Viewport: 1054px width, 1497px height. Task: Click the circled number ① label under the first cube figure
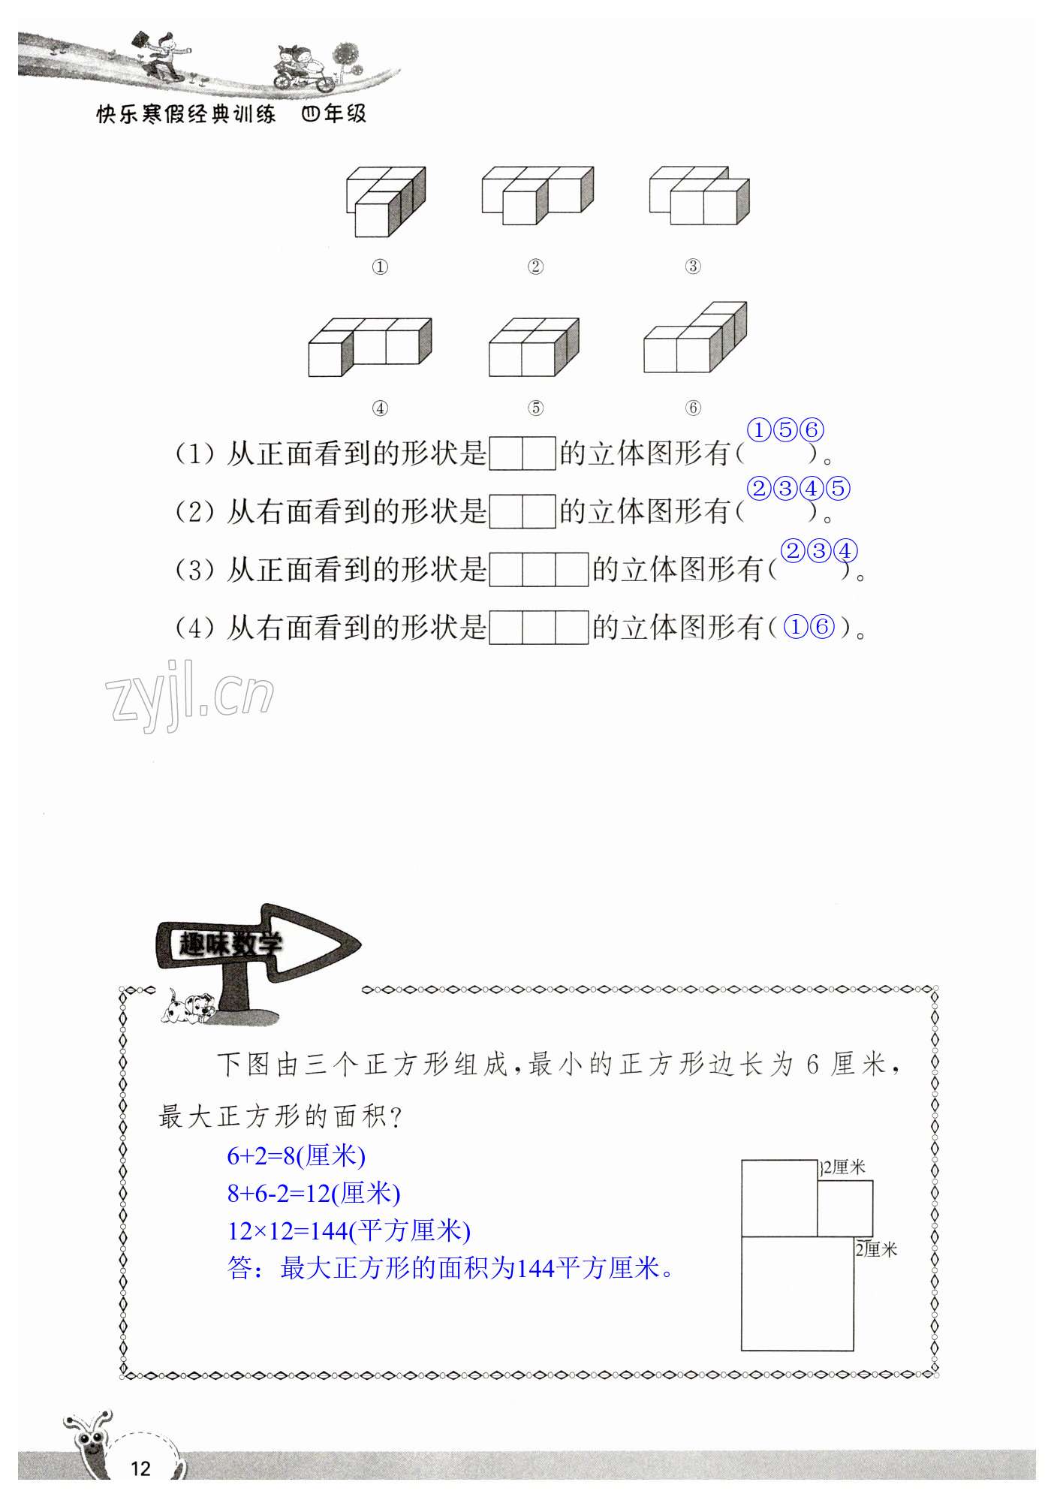(x=380, y=267)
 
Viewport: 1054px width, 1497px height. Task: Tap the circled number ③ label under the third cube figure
(x=693, y=266)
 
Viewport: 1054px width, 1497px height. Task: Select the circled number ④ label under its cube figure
(x=380, y=408)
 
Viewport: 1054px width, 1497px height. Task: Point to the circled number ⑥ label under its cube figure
(x=693, y=408)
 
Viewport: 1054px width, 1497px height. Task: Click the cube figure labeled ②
(x=537, y=195)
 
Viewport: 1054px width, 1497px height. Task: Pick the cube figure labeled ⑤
(x=534, y=347)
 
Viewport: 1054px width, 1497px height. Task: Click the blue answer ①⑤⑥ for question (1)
(x=785, y=430)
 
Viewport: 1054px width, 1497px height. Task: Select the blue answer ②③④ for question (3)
(x=819, y=551)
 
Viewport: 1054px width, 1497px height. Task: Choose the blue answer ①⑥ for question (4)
(x=809, y=627)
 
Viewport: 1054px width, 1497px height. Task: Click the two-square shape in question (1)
(x=522, y=453)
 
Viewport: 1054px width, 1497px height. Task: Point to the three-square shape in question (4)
(x=539, y=628)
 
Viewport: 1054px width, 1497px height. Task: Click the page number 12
(x=140, y=1468)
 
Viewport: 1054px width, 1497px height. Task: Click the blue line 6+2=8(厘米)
(x=296, y=1155)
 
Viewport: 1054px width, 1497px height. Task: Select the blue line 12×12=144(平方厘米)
(x=348, y=1230)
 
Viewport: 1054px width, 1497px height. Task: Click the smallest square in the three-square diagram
(x=845, y=1208)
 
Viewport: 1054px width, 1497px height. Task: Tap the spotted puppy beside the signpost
(x=188, y=1008)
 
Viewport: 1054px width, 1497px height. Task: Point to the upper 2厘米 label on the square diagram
(x=844, y=1167)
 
